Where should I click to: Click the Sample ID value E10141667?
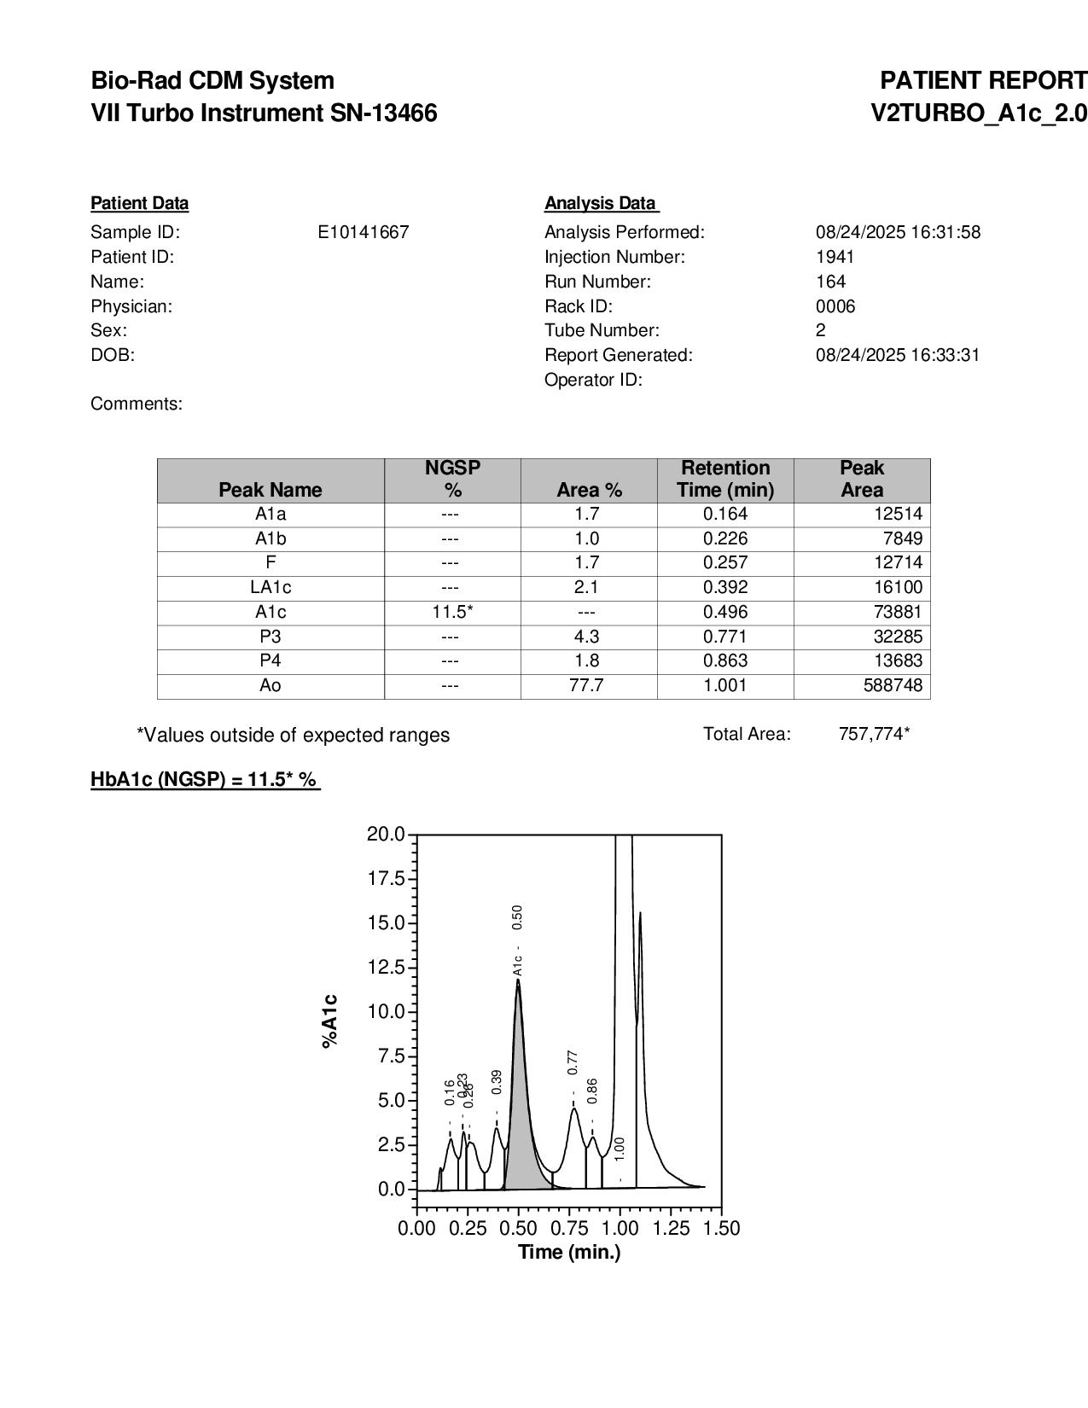point(363,232)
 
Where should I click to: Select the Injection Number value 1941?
point(835,257)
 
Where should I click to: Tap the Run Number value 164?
point(830,282)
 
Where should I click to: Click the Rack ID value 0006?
point(835,306)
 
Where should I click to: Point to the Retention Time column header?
point(725,479)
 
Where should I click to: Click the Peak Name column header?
point(271,490)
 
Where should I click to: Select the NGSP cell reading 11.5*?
point(452,612)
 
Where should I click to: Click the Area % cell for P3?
point(587,637)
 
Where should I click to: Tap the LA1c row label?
point(271,587)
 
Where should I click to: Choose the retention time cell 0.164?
point(725,514)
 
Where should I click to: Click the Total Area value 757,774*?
point(874,734)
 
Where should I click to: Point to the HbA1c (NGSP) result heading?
point(205,779)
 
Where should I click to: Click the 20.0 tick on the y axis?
point(386,834)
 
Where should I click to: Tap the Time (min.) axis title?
point(569,1252)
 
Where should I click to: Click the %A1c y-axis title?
point(330,1021)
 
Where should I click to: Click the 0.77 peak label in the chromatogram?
point(573,1062)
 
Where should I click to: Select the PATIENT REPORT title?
point(983,81)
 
